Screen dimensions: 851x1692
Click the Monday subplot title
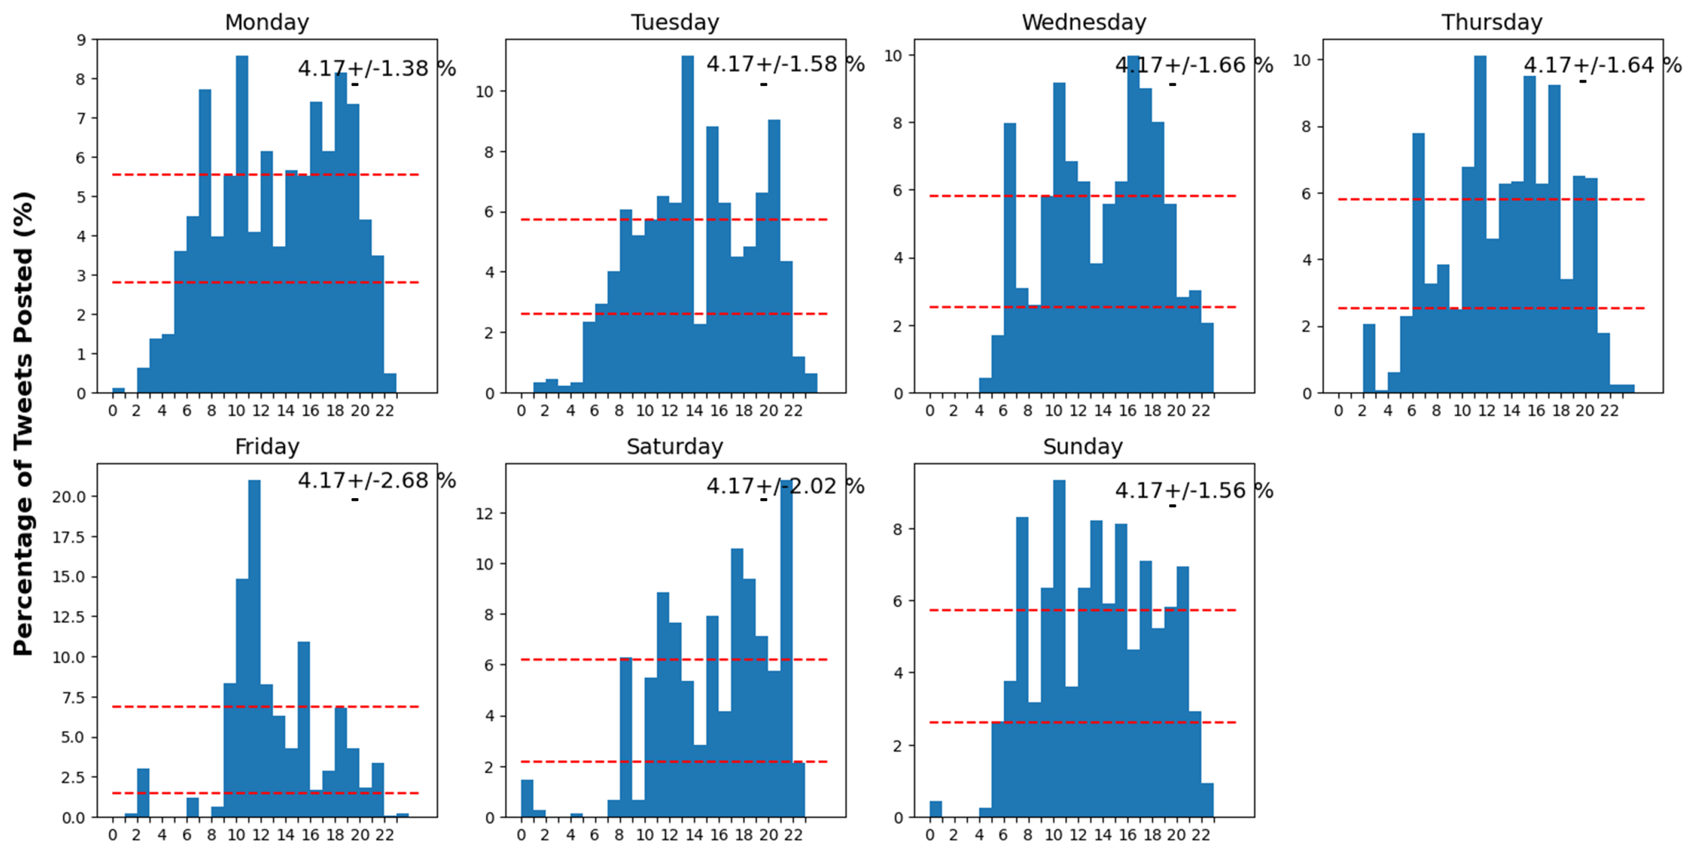pos(267,22)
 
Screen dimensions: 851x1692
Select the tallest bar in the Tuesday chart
pos(687,223)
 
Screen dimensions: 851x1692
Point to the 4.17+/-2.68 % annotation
pos(376,481)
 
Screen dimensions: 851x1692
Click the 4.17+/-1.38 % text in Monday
pos(376,68)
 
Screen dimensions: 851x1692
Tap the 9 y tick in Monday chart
pos(82,40)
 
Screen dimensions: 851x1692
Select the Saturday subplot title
pos(675,447)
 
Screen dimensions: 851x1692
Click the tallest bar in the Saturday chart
pos(786,650)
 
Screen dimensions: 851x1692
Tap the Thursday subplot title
pos(1492,22)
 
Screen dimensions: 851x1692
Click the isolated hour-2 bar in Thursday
pos(1369,359)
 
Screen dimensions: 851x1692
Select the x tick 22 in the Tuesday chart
pos(793,411)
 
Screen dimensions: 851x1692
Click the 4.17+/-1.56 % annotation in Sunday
pos(1193,491)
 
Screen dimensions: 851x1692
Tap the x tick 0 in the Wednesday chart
pos(929,411)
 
